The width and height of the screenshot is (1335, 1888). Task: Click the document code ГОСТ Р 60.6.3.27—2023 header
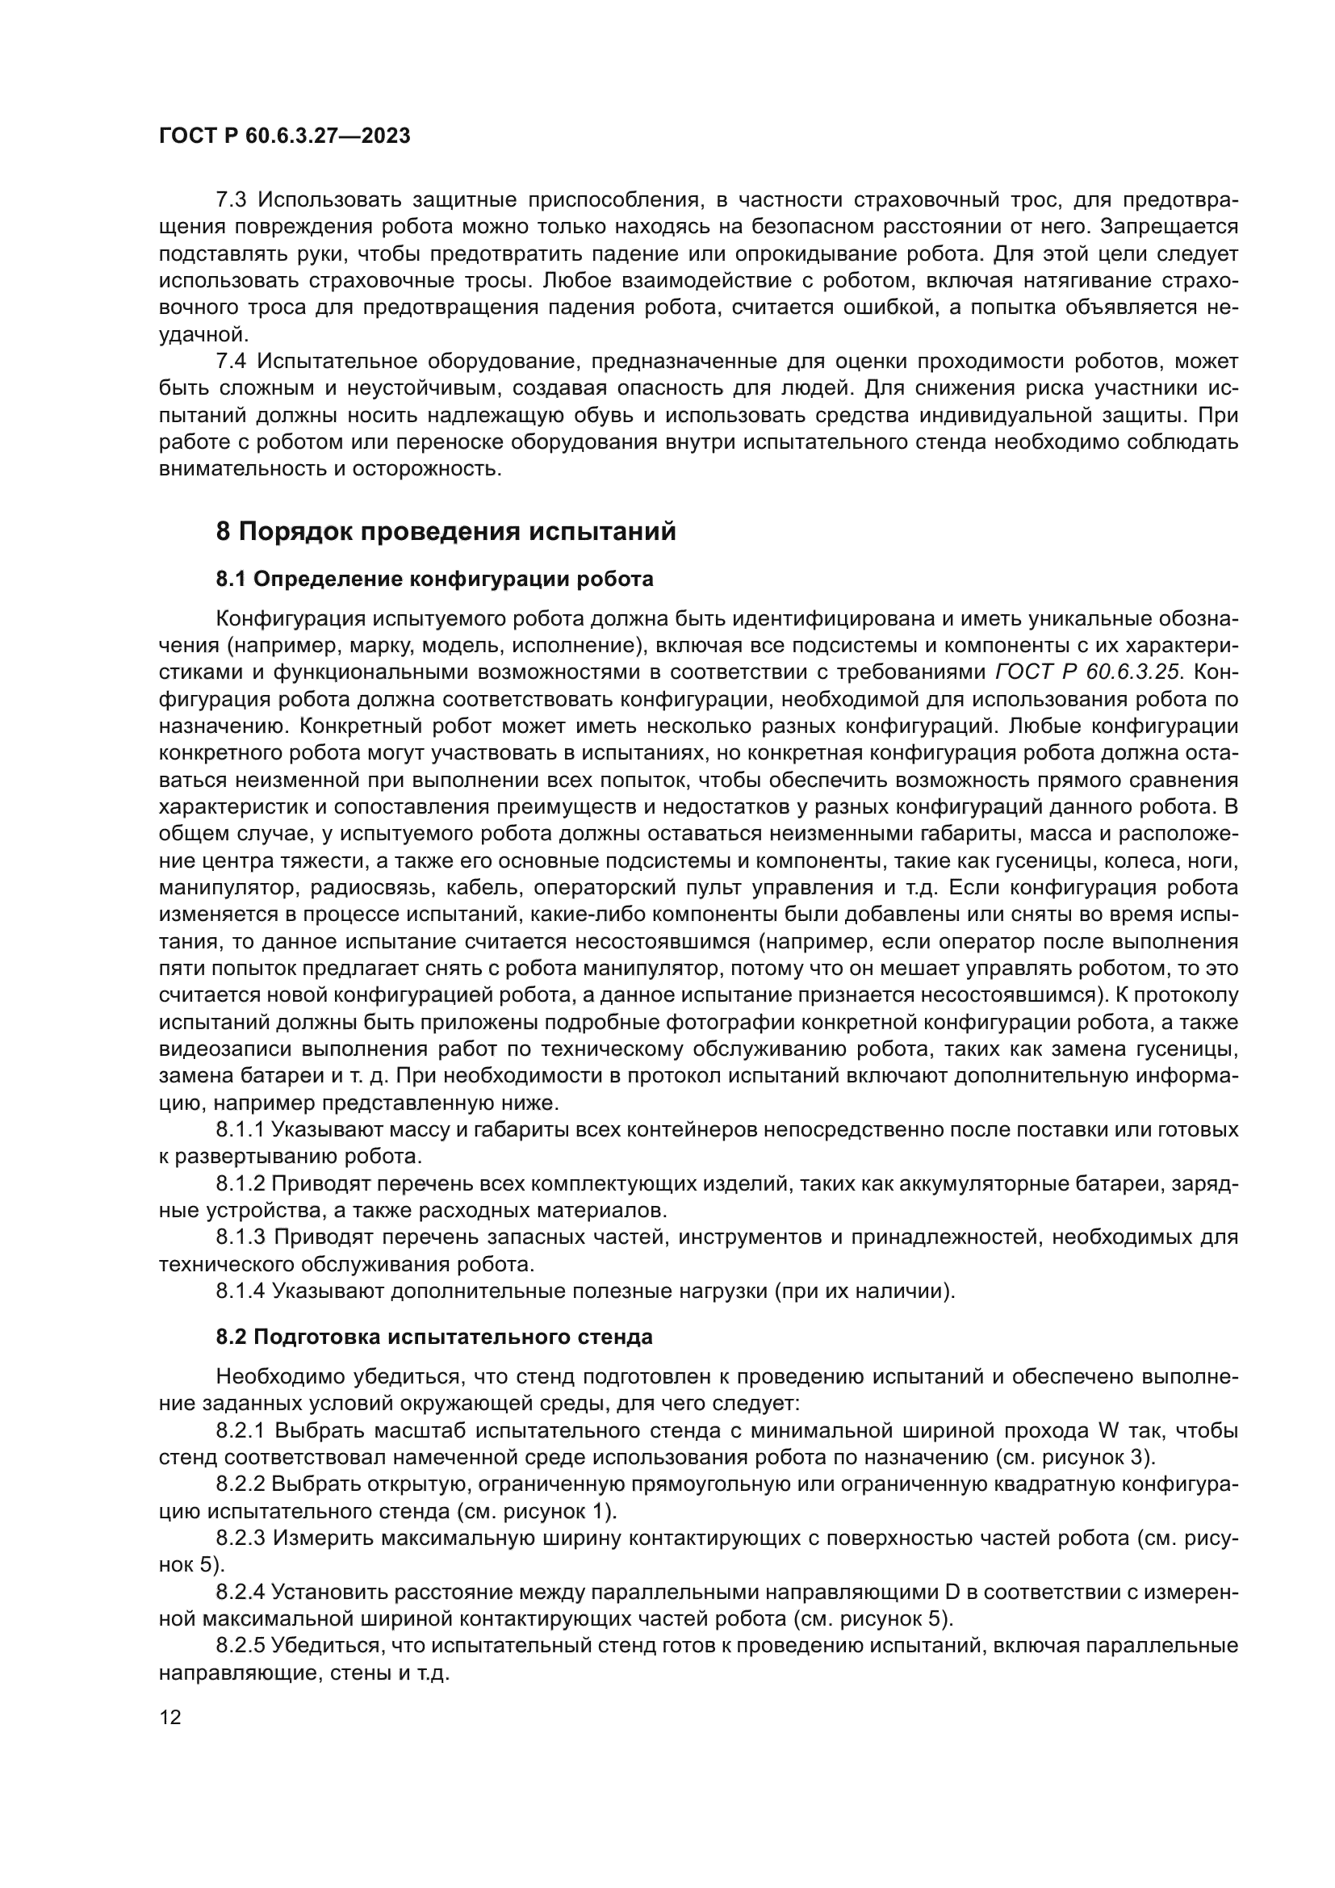(284, 136)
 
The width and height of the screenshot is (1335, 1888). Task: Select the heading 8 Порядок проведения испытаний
(446, 532)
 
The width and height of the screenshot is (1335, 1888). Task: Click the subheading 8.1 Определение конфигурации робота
(434, 579)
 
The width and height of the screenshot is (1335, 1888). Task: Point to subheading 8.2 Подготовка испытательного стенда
(434, 1337)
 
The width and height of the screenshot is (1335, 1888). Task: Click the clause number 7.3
(232, 200)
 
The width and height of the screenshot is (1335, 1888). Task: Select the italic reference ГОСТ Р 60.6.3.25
(1088, 672)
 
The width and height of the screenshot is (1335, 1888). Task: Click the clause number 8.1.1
(240, 1130)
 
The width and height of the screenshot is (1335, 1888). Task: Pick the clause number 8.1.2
(240, 1183)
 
